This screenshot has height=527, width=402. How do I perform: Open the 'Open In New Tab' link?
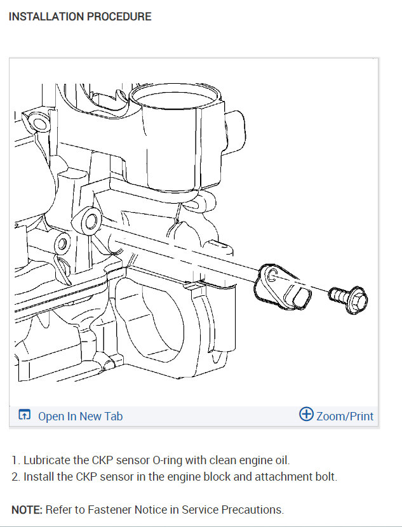click(80, 416)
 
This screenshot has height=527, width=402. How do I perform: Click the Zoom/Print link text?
click(345, 416)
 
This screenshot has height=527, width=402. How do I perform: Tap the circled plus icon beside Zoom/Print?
click(306, 414)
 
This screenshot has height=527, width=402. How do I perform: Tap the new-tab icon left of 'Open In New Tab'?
click(25, 415)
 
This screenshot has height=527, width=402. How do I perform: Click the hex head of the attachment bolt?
click(358, 300)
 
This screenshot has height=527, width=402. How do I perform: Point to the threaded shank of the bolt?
click(338, 295)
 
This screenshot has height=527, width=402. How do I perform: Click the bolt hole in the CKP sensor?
click(272, 276)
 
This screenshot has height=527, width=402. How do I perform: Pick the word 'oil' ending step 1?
click(282, 460)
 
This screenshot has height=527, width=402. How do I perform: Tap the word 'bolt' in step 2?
click(326, 477)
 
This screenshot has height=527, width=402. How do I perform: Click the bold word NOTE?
click(27, 509)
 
